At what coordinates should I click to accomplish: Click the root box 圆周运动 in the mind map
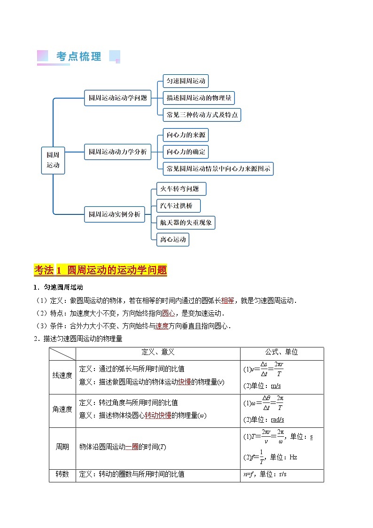click(53, 160)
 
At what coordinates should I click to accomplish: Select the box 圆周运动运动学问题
click(117, 98)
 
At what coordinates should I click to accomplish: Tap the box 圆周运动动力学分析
click(117, 152)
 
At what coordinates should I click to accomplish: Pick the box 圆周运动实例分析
click(114, 214)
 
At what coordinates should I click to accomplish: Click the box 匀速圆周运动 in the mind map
click(186, 81)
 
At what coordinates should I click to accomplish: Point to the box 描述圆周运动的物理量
click(198, 98)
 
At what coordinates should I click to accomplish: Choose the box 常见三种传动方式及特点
click(202, 115)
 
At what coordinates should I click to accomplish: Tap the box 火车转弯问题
click(181, 189)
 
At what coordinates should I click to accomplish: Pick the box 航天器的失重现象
click(186, 222)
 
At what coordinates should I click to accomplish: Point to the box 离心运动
click(173, 239)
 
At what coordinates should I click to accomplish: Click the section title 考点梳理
click(78, 57)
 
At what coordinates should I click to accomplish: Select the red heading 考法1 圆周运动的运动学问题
click(101, 270)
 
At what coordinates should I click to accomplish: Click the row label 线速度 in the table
click(62, 375)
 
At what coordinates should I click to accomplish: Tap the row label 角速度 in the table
click(62, 409)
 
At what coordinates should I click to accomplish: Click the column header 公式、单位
click(281, 352)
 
